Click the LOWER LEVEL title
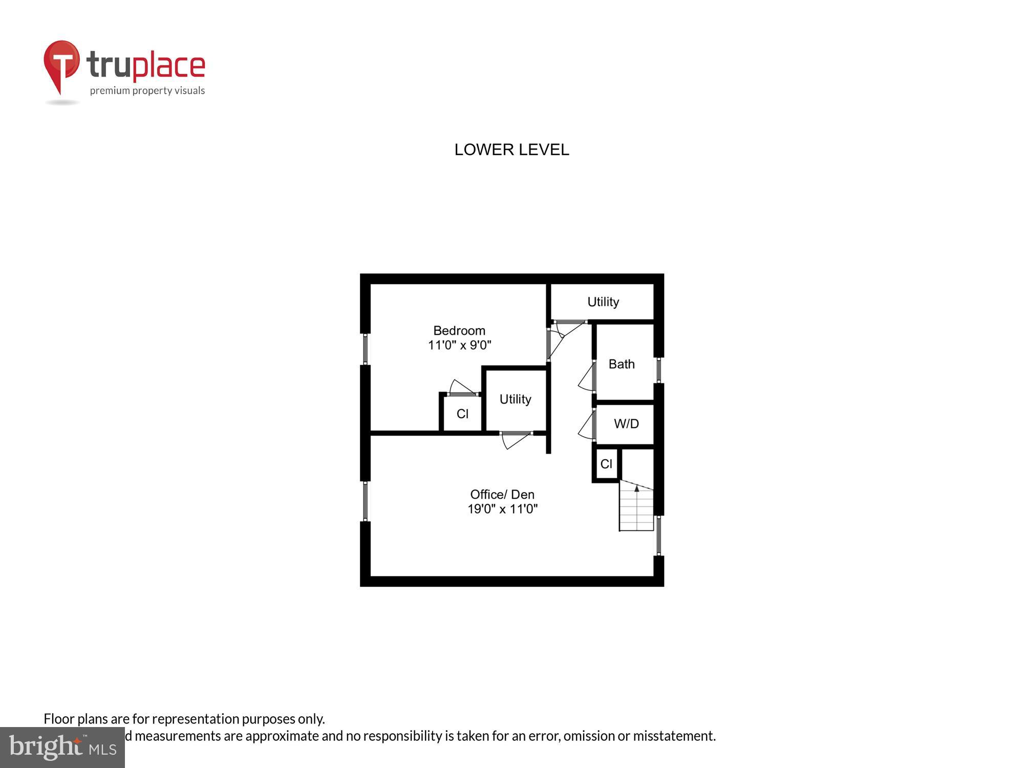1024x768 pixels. pyautogui.click(x=511, y=150)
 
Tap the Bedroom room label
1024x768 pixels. pyautogui.click(x=459, y=331)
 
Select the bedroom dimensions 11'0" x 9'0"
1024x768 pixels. pyautogui.click(x=459, y=345)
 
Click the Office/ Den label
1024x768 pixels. pyautogui.click(x=502, y=495)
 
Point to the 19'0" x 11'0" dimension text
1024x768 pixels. pyautogui.click(x=502, y=509)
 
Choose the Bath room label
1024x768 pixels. pyautogui.click(x=622, y=364)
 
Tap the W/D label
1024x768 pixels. pyautogui.click(x=626, y=424)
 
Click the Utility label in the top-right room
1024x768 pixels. pyautogui.click(x=603, y=302)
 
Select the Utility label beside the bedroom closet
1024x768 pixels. pyautogui.click(x=515, y=399)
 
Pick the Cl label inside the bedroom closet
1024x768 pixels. pyautogui.click(x=462, y=414)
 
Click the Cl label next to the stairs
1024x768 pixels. pyautogui.click(x=606, y=464)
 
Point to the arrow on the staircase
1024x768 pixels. pyautogui.click(x=637, y=489)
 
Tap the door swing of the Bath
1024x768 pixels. pyautogui.click(x=586, y=378)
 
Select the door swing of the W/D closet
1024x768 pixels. pyautogui.click(x=586, y=426)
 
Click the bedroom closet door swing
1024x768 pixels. pyautogui.click(x=461, y=388)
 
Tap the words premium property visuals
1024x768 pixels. pyautogui.click(x=147, y=91)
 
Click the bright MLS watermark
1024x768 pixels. pyautogui.click(x=62, y=748)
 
